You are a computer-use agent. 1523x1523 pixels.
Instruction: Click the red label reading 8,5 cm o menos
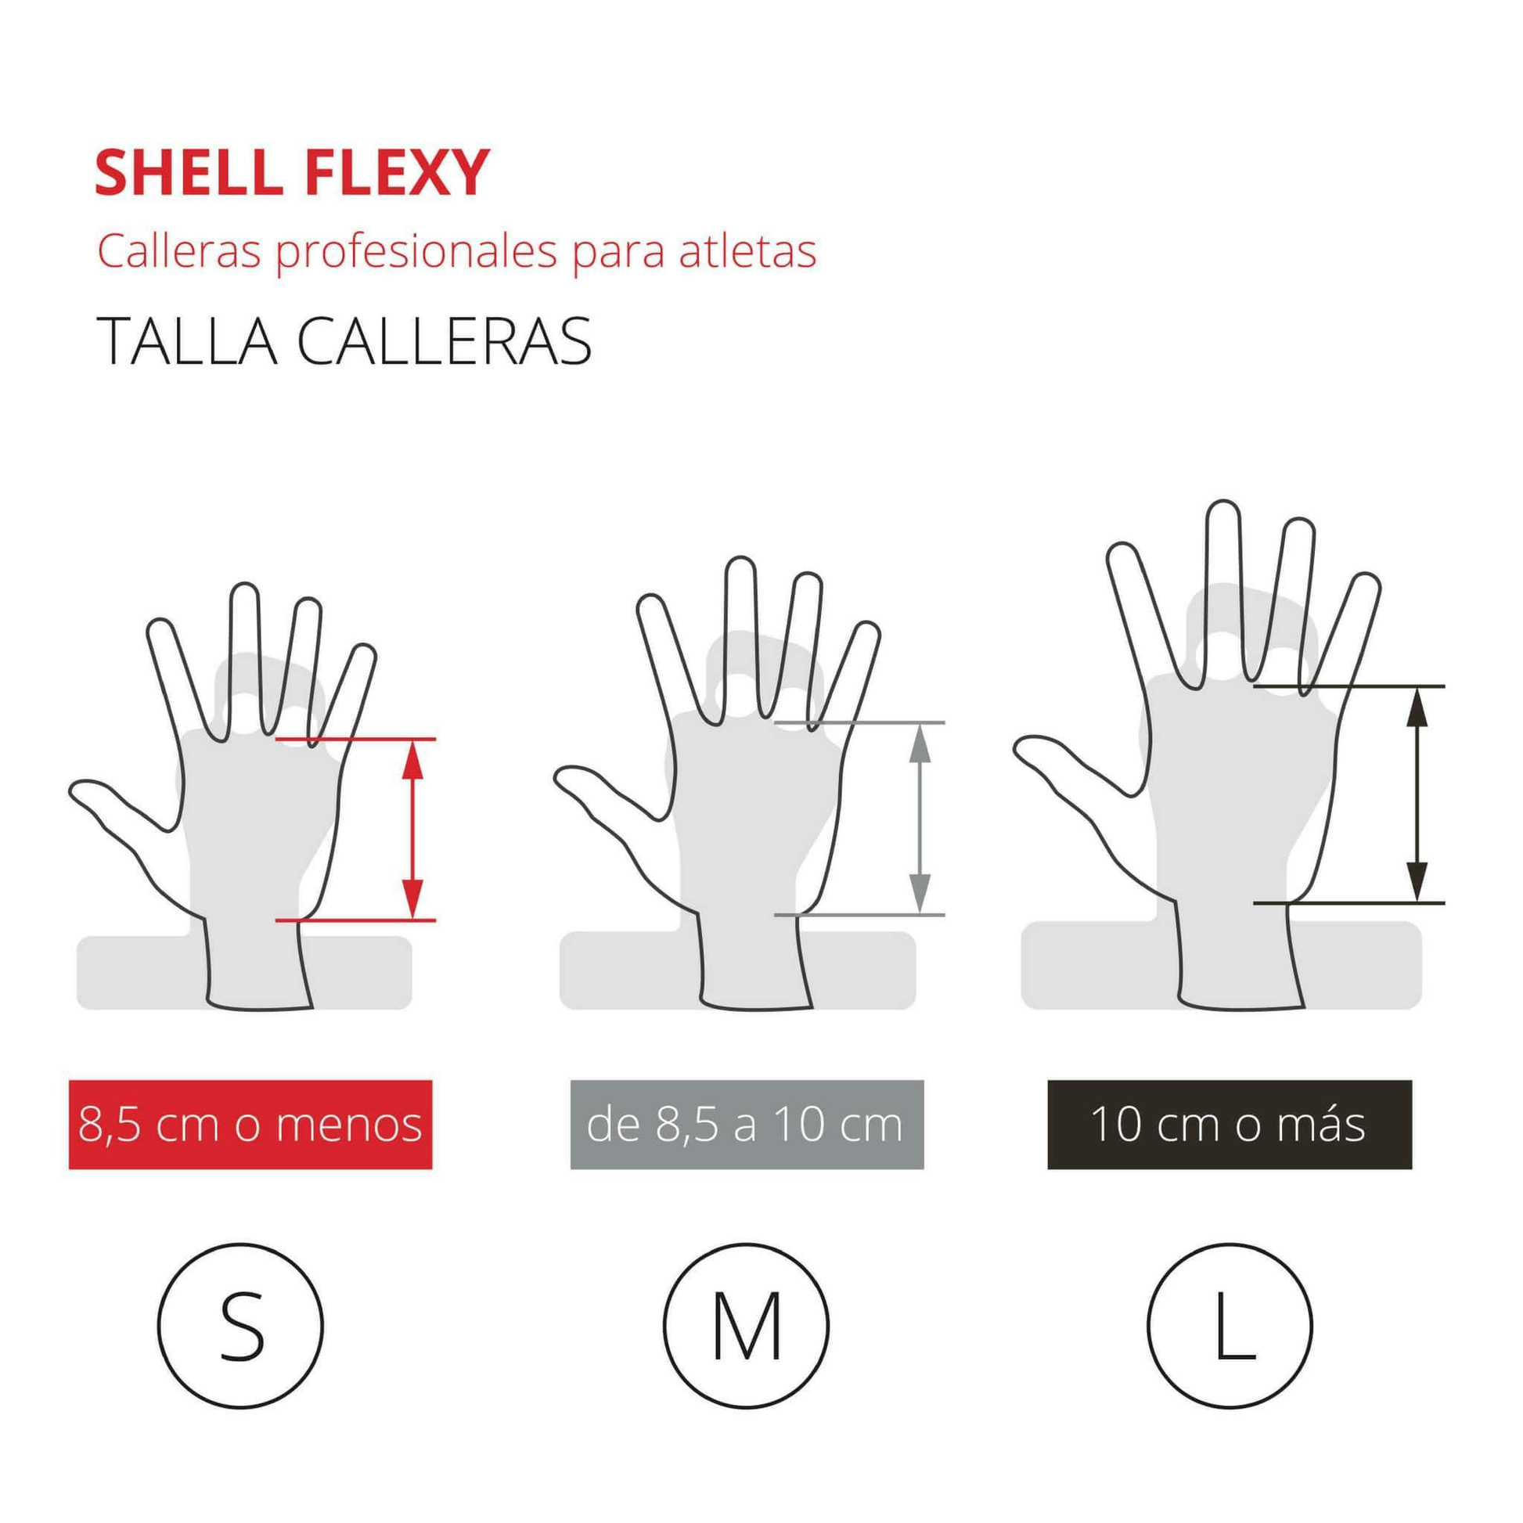pyautogui.click(x=250, y=1125)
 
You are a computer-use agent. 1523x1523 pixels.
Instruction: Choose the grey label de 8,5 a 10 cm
pyautogui.click(x=746, y=1125)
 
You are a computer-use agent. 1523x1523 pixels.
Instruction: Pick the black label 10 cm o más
pyautogui.click(x=1229, y=1125)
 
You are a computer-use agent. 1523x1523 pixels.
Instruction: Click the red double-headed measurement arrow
pyautogui.click(x=412, y=830)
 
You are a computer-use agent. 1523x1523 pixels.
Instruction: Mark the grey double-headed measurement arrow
pyautogui.click(x=920, y=819)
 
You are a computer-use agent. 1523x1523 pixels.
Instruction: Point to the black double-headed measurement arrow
pyautogui.click(x=1417, y=794)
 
